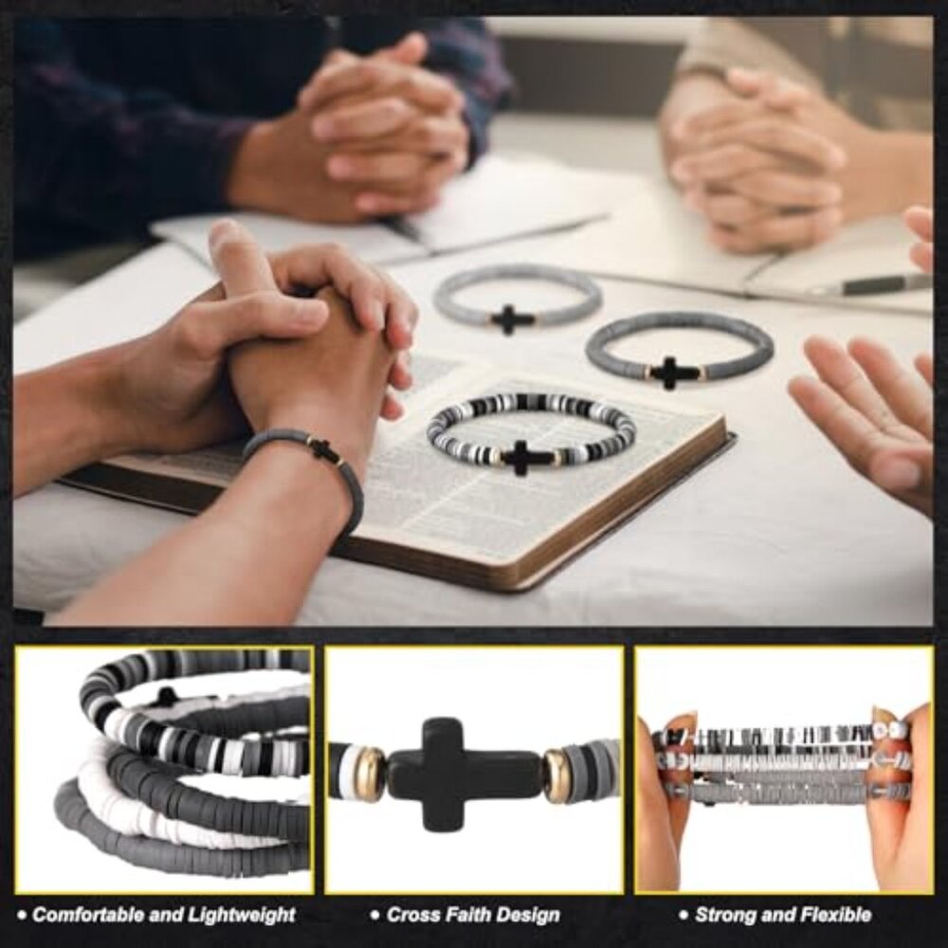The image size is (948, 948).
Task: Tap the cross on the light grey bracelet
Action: tap(512, 319)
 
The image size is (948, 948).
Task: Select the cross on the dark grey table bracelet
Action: tap(671, 372)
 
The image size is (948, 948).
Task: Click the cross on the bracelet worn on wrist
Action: tap(324, 449)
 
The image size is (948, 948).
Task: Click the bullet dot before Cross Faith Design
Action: tap(376, 916)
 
